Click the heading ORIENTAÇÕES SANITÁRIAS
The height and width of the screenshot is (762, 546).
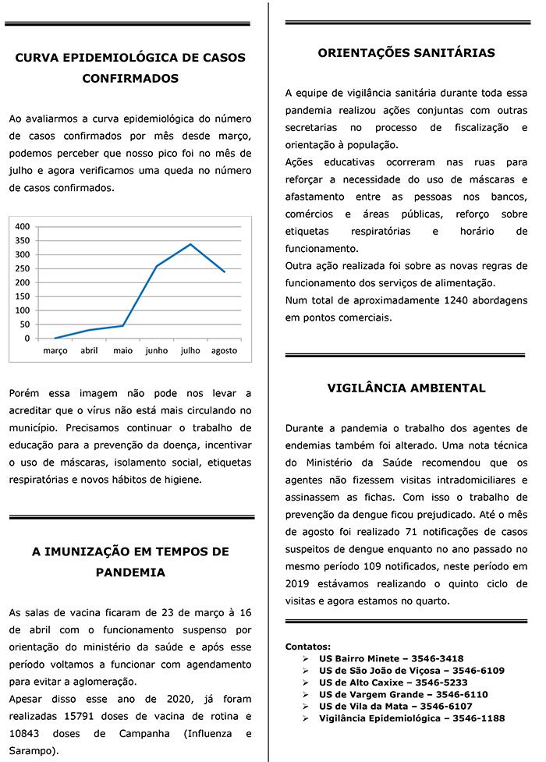(406, 53)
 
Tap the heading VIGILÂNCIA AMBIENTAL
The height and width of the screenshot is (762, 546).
(406, 388)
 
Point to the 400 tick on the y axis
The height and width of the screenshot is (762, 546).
(23, 226)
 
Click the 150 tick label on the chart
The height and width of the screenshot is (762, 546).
(23, 296)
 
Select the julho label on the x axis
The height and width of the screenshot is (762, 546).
(190, 351)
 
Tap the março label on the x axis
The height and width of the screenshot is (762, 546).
(55, 351)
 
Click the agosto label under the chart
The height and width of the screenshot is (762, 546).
(224, 351)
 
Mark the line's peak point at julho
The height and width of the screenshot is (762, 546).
(190, 244)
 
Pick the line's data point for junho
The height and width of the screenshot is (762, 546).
(157, 266)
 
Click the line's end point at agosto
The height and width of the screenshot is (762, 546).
(225, 271)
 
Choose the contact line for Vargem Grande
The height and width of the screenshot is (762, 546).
(403, 694)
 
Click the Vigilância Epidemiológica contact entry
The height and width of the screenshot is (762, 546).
(411, 718)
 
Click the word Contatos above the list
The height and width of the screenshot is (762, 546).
(308, 647)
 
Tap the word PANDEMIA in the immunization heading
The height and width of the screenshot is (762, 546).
(130, 572)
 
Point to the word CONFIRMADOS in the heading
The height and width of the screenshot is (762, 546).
(130, 78)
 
